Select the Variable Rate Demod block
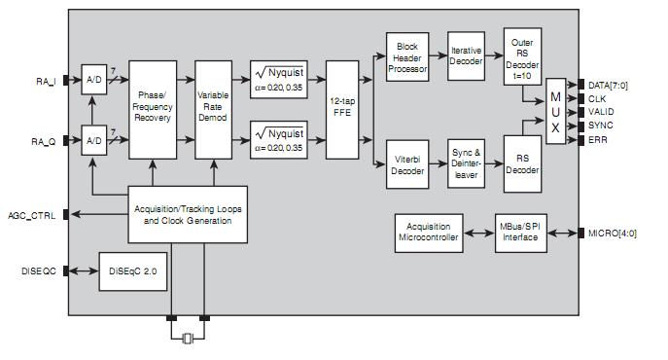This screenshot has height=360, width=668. coord(213,109)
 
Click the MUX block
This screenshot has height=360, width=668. coord(555,112)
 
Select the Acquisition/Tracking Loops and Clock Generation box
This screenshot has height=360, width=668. coord(188,214)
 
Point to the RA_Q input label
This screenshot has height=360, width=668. coord(43,141)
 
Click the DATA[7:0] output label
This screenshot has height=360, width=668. coord(610,85)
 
